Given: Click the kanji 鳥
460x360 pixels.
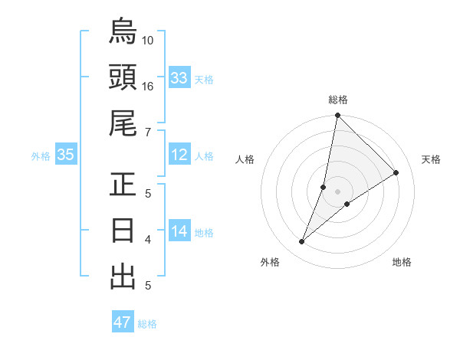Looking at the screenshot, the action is (123, 31).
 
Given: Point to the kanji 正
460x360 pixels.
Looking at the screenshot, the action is (123, 185).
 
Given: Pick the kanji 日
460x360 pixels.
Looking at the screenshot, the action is (123, 231).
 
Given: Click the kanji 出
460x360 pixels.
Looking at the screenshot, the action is (123, 277).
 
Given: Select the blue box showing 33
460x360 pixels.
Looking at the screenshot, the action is (179, 77).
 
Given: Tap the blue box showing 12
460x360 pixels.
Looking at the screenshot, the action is (179, 155).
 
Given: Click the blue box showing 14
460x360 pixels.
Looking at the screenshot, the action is (179, 232).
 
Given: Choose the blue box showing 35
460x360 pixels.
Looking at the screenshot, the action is (66, 155).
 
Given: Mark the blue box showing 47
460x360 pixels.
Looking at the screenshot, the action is (123, 322).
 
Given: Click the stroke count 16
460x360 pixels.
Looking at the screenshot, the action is (148, 87).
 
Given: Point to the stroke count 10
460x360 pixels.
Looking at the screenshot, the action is (148, 40).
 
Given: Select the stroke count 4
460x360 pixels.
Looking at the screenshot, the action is (148, 240).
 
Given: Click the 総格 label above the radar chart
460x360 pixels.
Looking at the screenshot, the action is (338, 100).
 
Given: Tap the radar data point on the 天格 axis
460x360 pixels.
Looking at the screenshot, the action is (396, 173).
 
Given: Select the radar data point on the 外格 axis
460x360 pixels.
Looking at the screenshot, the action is (302, 242).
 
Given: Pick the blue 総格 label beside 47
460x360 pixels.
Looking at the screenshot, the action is (147, 323).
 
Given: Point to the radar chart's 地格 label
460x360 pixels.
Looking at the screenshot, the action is (402, 262).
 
